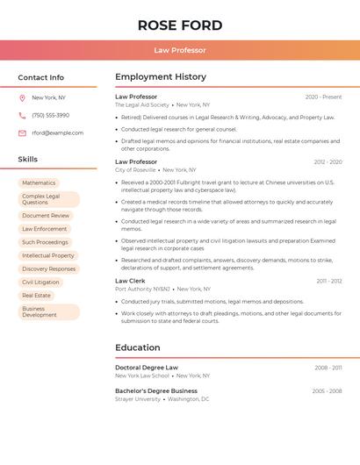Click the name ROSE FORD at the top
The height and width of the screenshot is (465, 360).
coord(180,25)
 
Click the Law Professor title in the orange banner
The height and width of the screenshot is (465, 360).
coord(180,50)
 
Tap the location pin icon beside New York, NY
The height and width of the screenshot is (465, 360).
coord(22,97)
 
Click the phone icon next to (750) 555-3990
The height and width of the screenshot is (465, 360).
coord(22,115)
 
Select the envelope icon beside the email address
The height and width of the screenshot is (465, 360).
coord(22,133)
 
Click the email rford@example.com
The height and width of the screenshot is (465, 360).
coord(57,133)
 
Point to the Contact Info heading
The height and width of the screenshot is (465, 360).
coord(41,77)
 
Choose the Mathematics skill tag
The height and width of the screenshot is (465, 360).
coord(39,183)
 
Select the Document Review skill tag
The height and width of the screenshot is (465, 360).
coord(46,216)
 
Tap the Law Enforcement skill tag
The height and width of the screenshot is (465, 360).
coord(45,229)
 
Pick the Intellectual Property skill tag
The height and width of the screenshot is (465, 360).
coord(48,256)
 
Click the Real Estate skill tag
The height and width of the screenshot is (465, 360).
coord(37,296)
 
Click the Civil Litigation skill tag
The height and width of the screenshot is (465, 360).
coord(41,283)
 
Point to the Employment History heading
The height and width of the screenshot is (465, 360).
coord(161,77)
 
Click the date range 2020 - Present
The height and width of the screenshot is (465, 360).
coord(323,97)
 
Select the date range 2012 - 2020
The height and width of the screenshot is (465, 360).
coord(328,162)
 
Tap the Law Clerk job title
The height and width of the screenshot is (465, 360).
coord(130,281)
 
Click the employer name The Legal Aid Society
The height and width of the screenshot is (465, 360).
coord(141,104)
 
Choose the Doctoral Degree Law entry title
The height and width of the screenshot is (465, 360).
coord(147,368)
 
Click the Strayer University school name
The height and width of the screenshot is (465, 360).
coord(138,399)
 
